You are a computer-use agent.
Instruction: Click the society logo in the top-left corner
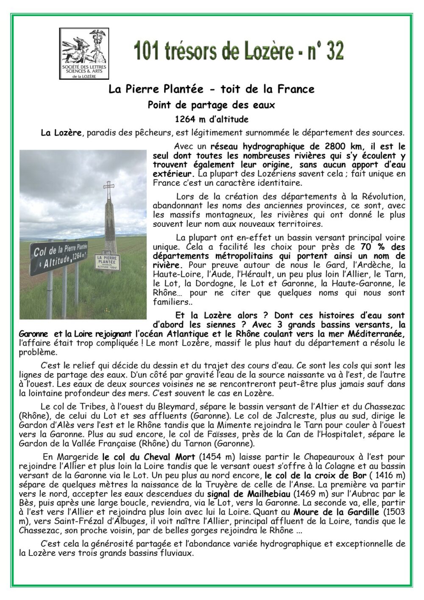coord(84,53)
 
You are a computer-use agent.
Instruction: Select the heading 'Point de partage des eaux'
coord(211,105)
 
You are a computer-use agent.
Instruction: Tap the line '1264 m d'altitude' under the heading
coord(212,119)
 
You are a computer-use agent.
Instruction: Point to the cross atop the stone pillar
coord(109,187)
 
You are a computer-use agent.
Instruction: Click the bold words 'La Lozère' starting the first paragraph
coord(61,133)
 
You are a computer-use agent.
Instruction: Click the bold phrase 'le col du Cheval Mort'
coord(148,457)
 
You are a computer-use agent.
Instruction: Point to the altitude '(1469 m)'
coord(311,494)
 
